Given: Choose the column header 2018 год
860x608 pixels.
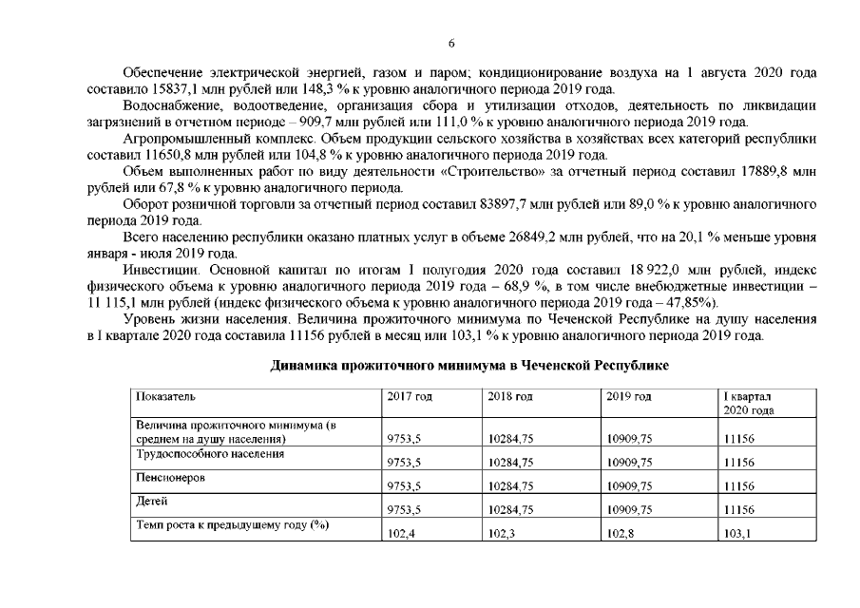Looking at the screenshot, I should click(507, 396).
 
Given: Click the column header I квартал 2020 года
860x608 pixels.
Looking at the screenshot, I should click(748, 403).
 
